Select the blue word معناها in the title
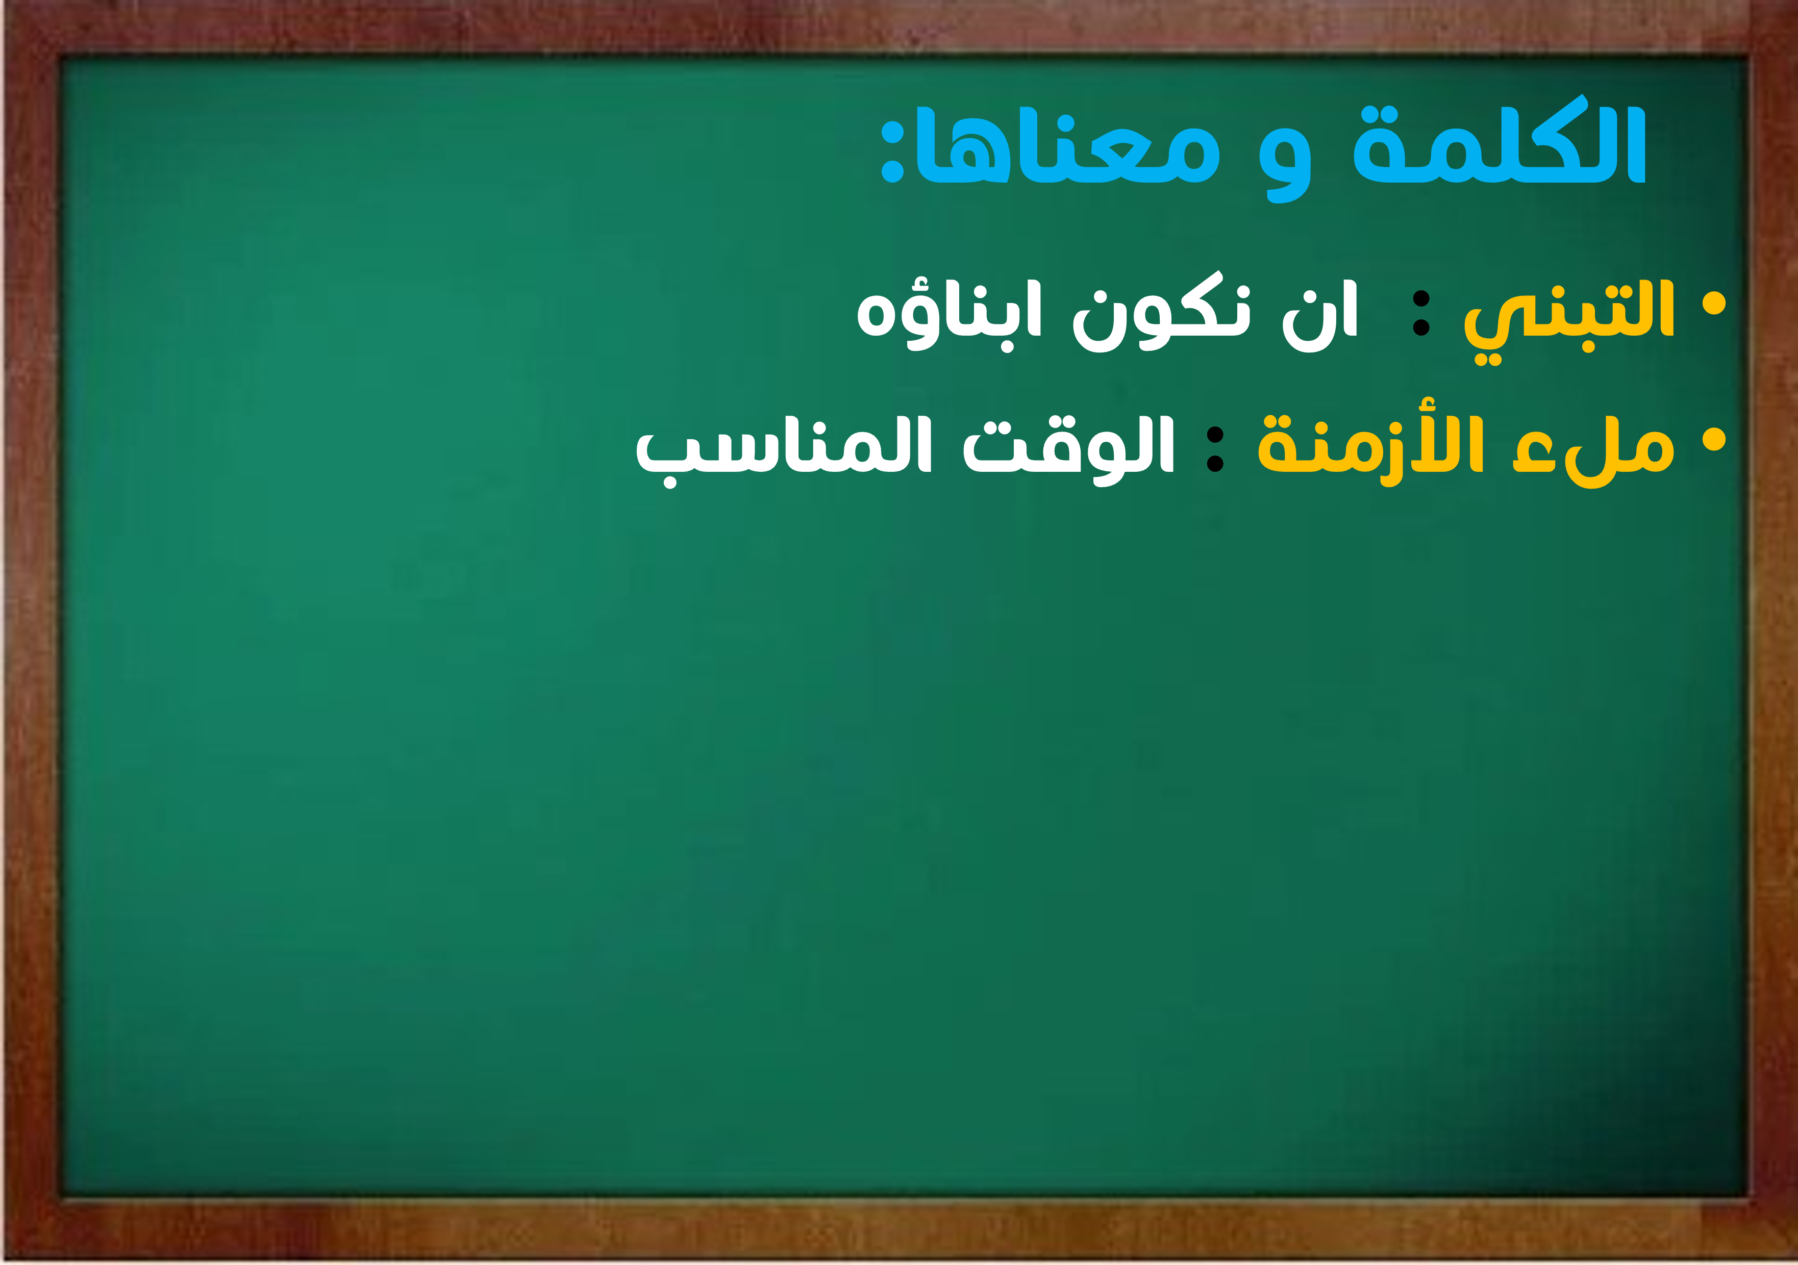pyautogui.click(x=1068, y=145)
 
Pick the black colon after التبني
pyautogui.click(x=1420, y=313)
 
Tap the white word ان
pyautogui.click(x=1319, y=315)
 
